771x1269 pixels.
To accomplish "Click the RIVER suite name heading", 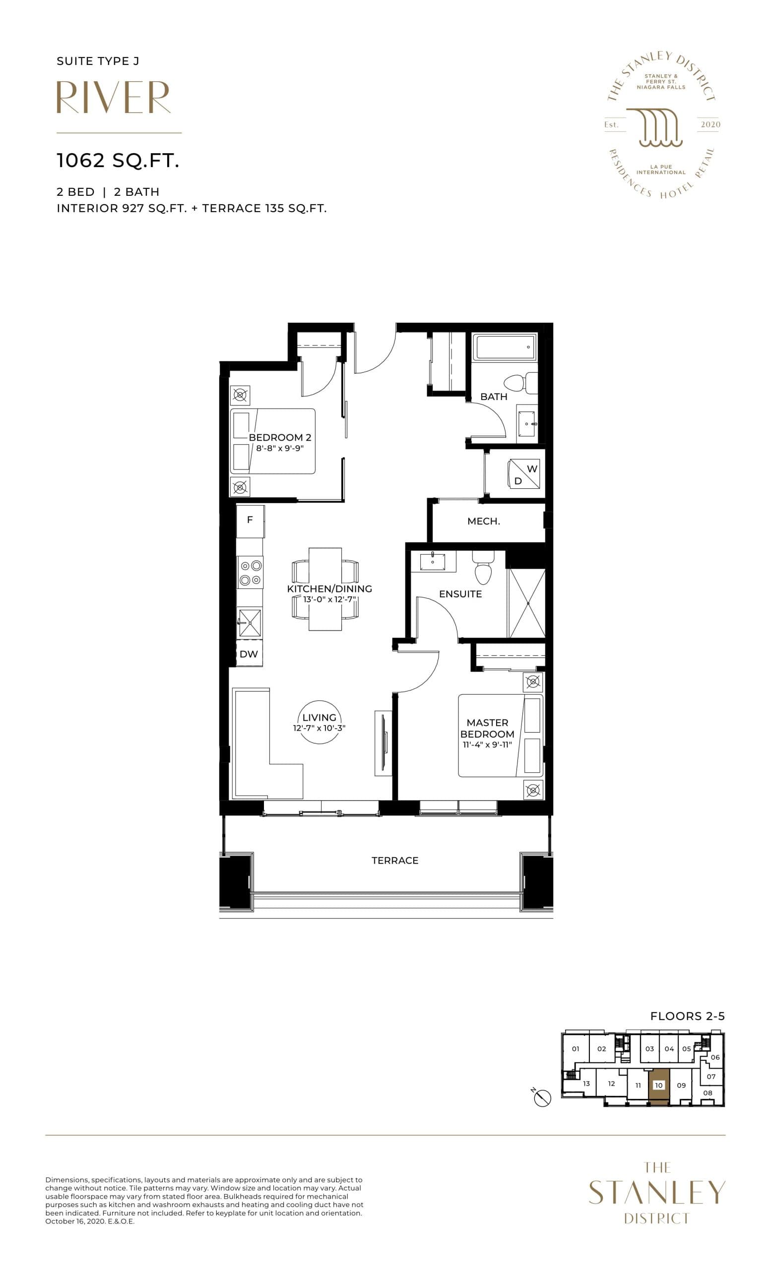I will tap(114, 97).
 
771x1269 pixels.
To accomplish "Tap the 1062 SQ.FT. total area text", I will tap(118, 161).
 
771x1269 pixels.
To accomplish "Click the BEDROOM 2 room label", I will tap(280, 438).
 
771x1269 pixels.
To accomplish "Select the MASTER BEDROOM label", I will tap(487, 728).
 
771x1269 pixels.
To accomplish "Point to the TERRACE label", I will tap(395, 861).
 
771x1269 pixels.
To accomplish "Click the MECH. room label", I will tap(483, 521).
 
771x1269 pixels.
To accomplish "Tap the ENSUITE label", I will tap(460, 594).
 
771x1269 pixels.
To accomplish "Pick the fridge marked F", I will tap(250, 520).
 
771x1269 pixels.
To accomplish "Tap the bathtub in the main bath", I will tap(506, 347).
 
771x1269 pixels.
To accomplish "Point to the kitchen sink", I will tap(250, 623).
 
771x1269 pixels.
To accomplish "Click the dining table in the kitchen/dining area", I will tap(324, 589).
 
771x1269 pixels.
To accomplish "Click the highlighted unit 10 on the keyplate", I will tap(659, 1085).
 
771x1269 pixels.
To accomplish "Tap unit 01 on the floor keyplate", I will tap(576, 1048).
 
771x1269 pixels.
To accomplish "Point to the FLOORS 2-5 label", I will tap(687, 1016).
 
